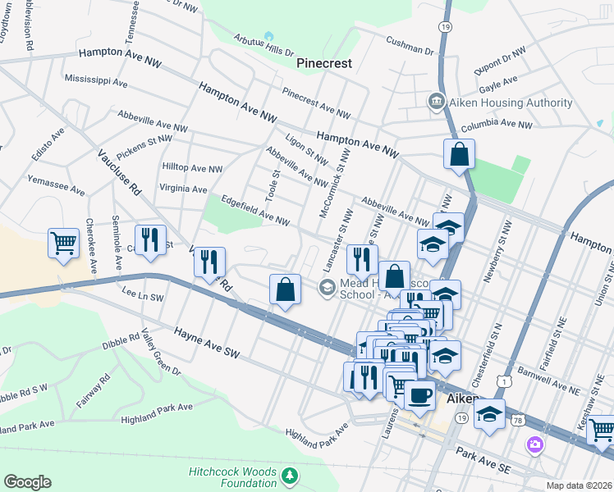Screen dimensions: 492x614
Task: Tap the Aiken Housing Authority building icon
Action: pyautogui.click(x=435, y=102)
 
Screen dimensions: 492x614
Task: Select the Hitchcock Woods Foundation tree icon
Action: pyautogui.click(x=289, y=476)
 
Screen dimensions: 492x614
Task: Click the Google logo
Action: pyautogui.click(x=27, y=482)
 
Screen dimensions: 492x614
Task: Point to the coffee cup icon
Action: pyautogui.click(x=420, y=394)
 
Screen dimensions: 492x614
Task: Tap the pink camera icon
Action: pyautogui.click(x=535, y=444)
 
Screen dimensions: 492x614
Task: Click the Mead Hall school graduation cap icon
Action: pyautogui.click(x=327, y=286)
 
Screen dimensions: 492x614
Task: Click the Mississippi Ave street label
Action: pyautogui.click(x=95, y=83)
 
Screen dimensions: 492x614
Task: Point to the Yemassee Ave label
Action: pyautogui.click(x=56, y=184)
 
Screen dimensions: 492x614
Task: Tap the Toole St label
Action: pyautogui.click(x=277, y=185)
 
